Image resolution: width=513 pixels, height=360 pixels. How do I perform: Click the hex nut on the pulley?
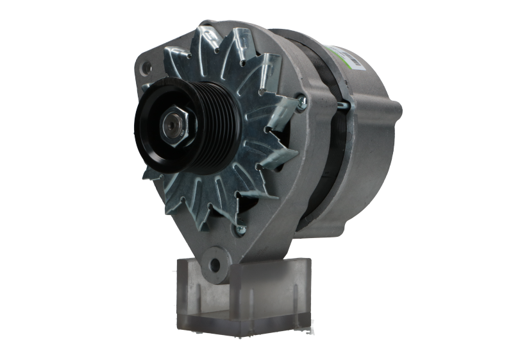175,126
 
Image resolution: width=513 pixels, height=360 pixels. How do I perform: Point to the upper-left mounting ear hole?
147,66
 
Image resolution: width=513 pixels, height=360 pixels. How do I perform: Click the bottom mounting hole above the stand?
212,262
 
